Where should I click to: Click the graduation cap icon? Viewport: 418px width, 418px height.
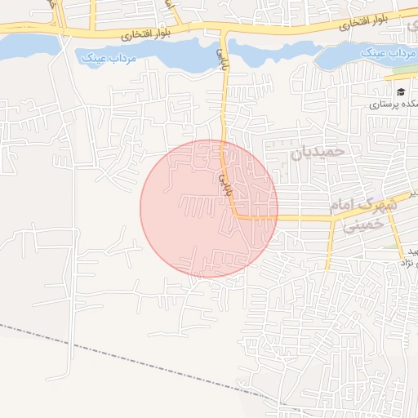[400, 91]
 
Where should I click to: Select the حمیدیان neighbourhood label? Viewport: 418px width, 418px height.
[318, 153]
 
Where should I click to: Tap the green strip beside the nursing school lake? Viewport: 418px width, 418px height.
[405, 69]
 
